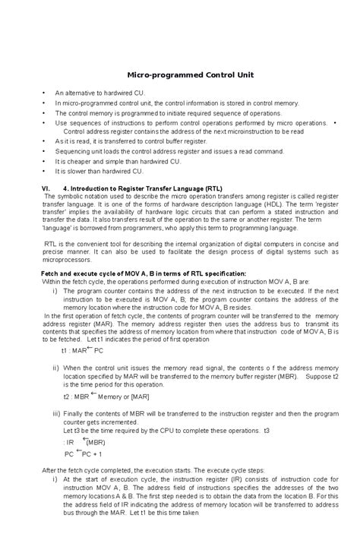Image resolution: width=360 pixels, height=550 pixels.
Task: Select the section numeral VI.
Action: point(45,187)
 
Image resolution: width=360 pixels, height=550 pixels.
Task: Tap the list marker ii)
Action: point(55,367)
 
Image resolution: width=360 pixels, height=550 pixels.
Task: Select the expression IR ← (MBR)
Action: point(85,441)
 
